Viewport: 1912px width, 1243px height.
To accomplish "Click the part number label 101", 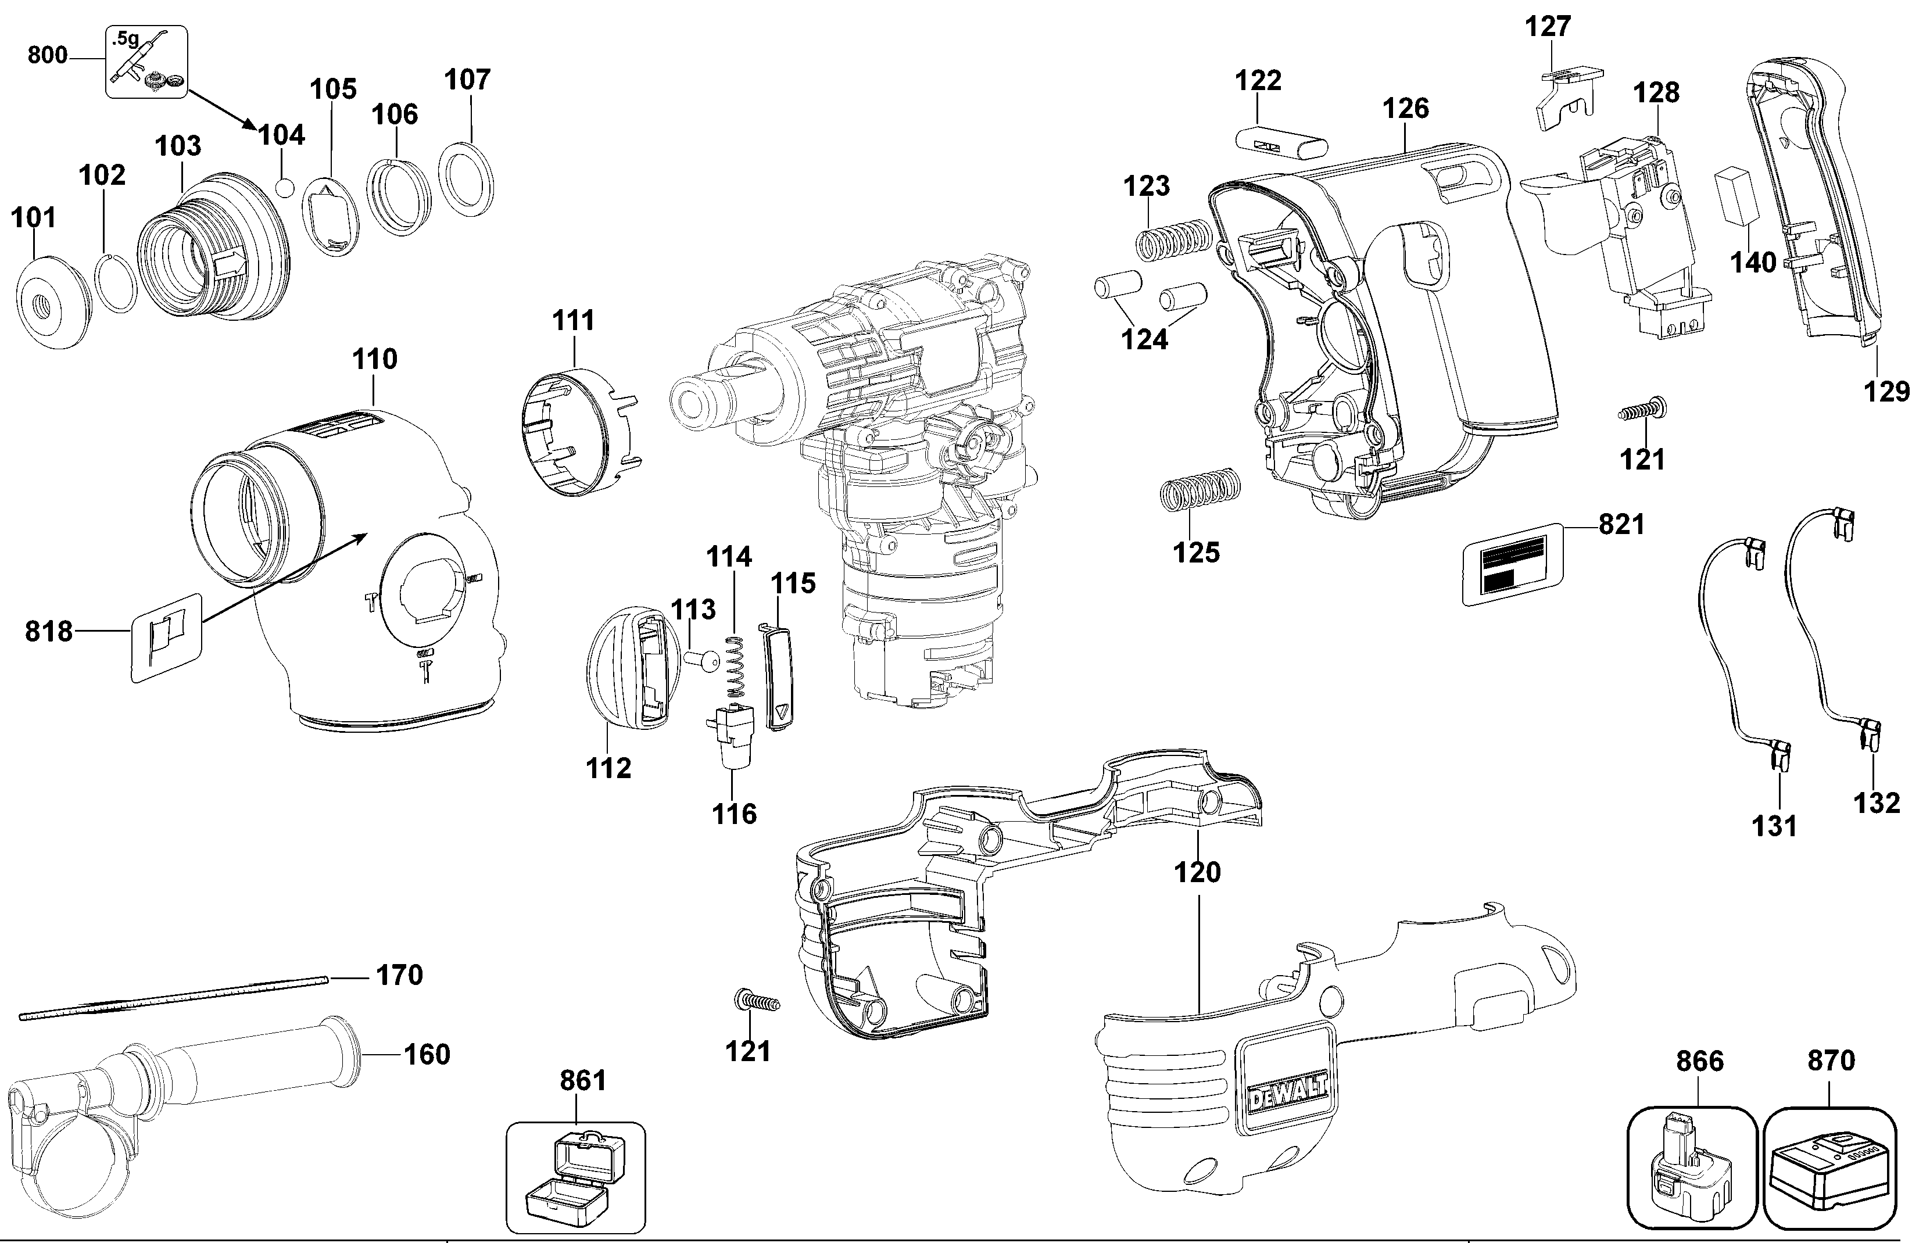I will point(34,218).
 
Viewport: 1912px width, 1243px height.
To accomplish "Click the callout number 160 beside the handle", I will point(427,1054).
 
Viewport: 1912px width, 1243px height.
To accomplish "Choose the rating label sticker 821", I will point(1512,563).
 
